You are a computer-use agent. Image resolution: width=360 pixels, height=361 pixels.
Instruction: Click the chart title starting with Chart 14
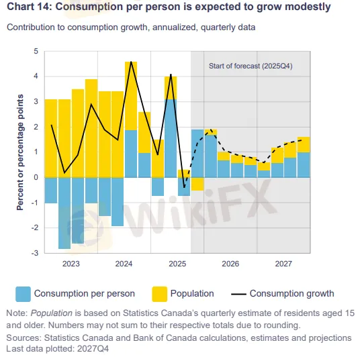169,7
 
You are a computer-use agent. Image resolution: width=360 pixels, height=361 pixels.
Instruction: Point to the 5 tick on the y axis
37,52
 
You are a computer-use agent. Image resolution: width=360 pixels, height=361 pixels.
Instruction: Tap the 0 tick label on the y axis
37,177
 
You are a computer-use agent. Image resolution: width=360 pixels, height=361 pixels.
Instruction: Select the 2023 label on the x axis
71,263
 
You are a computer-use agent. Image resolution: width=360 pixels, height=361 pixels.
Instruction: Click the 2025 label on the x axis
177,263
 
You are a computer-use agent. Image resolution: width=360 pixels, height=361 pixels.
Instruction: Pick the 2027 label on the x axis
283,263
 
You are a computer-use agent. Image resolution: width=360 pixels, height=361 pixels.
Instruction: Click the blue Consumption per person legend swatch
23,293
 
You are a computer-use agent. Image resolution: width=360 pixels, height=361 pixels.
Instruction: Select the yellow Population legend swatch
160,293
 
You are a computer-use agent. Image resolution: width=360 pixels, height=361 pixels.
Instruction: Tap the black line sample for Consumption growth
236,293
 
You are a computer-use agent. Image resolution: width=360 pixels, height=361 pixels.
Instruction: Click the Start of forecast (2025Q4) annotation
251,66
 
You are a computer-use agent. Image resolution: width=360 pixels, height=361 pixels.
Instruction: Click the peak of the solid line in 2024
131,62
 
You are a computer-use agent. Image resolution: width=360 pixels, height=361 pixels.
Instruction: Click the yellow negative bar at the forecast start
197,184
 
